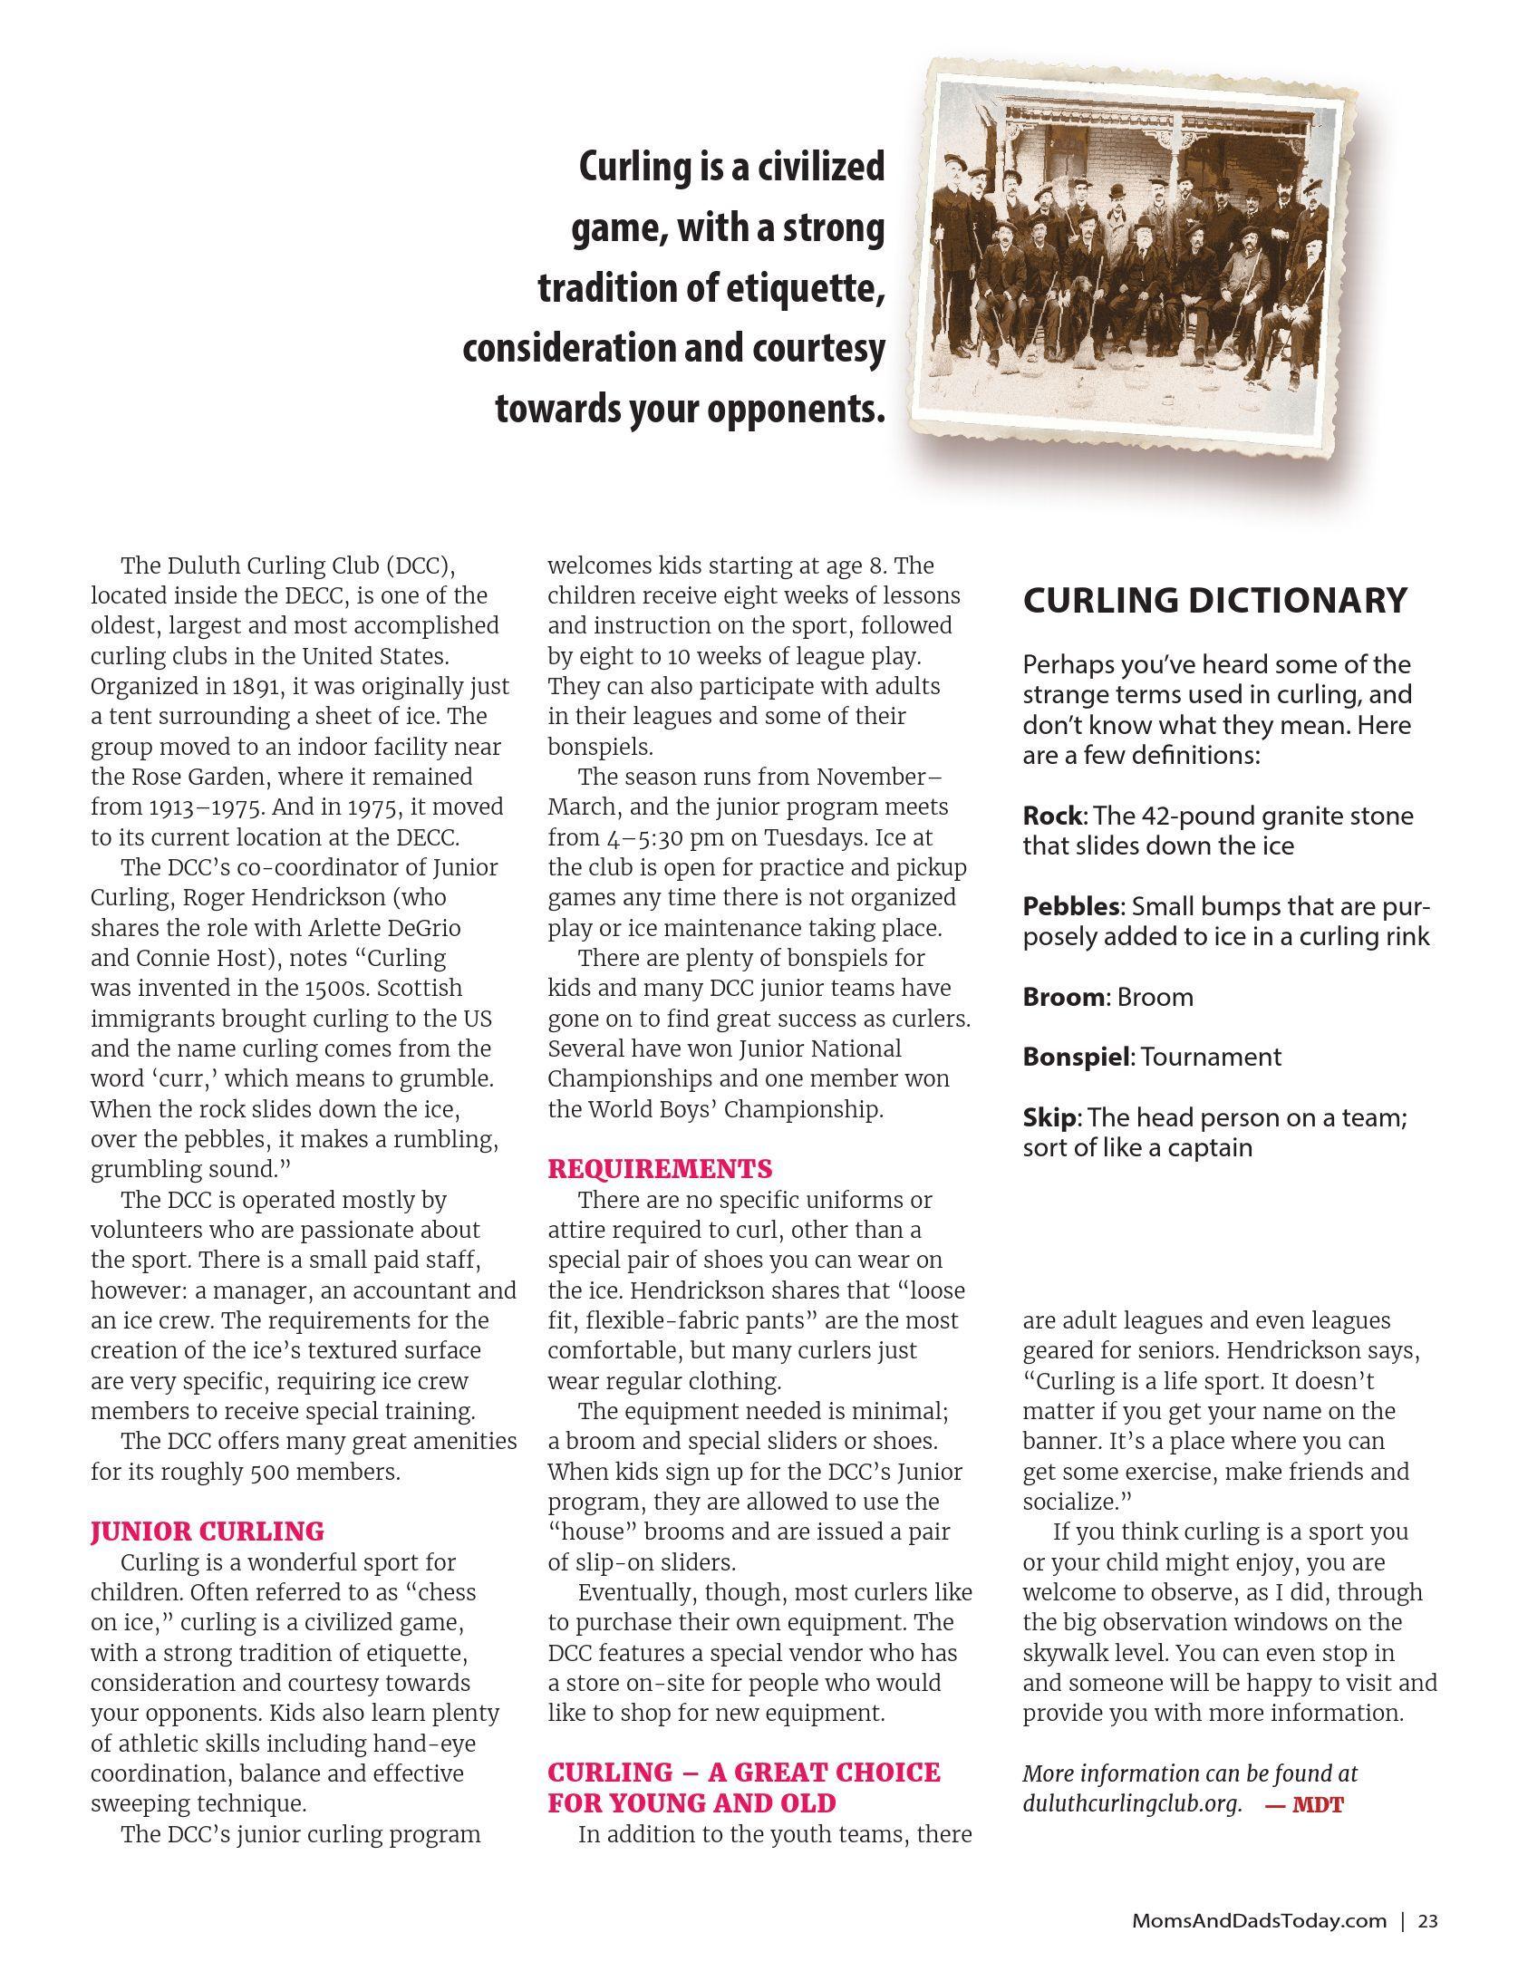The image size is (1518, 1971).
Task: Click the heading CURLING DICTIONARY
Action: click(1214, 600)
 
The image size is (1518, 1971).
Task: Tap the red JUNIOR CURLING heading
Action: click(207, 1531)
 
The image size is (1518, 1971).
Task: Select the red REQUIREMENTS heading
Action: click(660, 1169)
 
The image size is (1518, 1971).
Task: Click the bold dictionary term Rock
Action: click(1051, 816)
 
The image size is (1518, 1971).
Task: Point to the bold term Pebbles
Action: click(1072, 906)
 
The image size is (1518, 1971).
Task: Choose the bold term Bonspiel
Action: click(1078, 1057)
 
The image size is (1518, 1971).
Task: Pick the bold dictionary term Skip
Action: click(1049, 1117)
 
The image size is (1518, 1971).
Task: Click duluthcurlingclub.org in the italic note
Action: click(1132, 1804)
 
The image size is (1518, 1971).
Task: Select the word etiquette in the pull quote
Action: click(800, 289)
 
